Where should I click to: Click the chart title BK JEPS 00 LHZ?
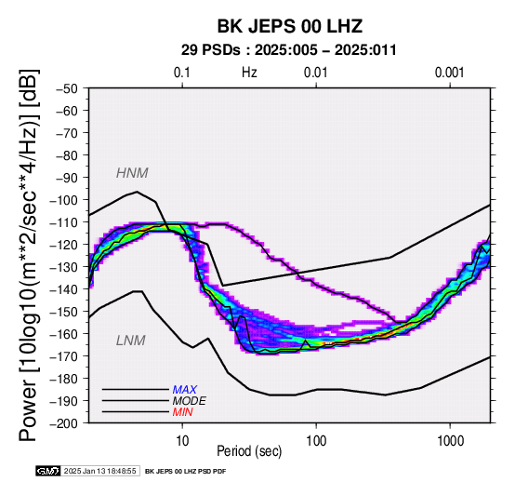click(290, 26)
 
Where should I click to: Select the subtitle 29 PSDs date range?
click(289, 50)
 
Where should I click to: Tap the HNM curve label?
click(132, 173)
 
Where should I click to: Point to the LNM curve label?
click(131, 341)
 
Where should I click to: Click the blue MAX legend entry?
click(185, 390)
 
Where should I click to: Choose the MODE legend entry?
click(190, 401)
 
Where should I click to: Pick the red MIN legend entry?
click(182, 412)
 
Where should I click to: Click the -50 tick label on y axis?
click(67, 88)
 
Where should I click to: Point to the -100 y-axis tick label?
click(64, 200)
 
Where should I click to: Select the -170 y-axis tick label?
click(64, 356)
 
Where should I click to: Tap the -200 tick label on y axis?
click(64, 423)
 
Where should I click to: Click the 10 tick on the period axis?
click(182, 441)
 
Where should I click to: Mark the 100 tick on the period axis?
click(316, 441)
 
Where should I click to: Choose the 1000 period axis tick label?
click(450, 441)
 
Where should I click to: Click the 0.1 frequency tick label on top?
click(182, 73)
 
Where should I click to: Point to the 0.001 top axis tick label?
click(449, 73)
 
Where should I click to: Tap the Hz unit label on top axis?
click(249, 73)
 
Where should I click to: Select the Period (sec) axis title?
click(249, 451)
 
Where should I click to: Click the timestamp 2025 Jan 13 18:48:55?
click(99, 472)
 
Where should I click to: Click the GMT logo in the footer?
click(48, 471)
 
